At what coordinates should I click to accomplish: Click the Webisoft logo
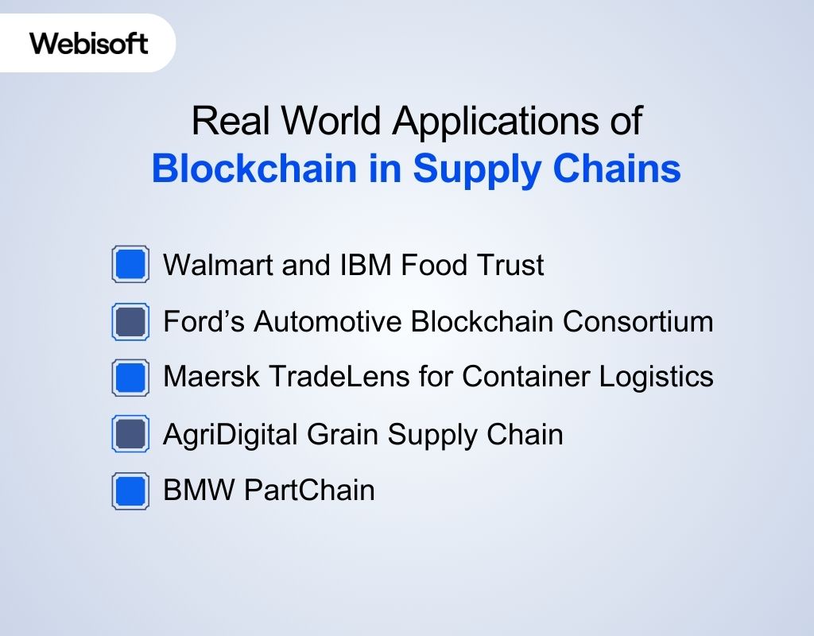click(89, 43)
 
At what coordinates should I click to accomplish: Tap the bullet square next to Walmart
click(130, 264)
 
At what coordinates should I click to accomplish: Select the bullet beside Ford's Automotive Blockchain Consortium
click(130, 321)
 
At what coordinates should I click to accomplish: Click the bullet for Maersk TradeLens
click(130, 377)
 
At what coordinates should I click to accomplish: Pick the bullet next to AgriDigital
click(130, 434)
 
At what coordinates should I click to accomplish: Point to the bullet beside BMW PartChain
click(130, 491)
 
